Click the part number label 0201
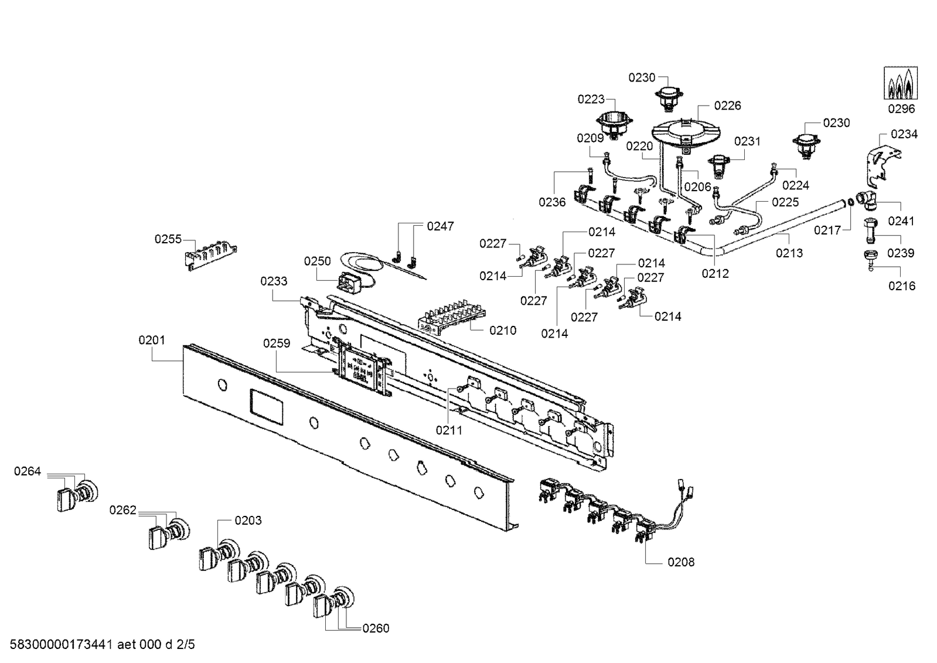(x=152, y=340)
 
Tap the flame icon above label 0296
(x=901, y=84)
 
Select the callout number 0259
(x=277, y=344)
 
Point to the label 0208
(x=681, y=562)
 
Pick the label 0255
(x=168, y=239)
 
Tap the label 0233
(x=274, y=281)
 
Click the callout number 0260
(x=376, y=628)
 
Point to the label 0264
(x=28, y=471)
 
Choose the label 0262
(x=122, y=511)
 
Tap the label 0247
(x=440, y=226)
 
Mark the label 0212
(x=715, y=274)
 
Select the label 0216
(x=901, y=286)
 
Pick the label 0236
(x=552, y=202)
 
